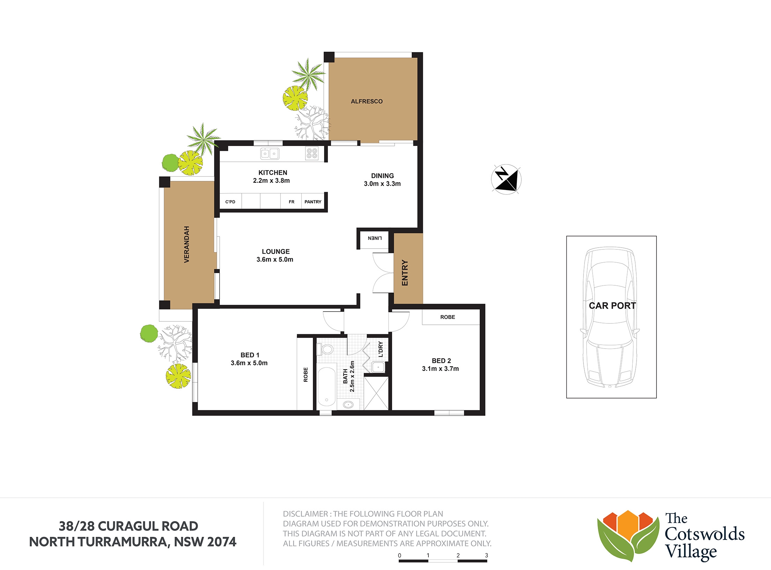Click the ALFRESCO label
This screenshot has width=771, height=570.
point(367,101)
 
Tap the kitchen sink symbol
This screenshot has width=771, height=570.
point(270,153)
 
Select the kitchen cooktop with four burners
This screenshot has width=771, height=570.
point(312,153)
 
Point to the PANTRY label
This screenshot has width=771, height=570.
point(313,202)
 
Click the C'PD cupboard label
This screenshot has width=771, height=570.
point(230,202)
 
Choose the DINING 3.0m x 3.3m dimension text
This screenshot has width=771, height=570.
point(382,184)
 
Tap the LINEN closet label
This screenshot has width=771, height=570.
point(375,238)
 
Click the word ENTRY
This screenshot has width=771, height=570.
point(405,273)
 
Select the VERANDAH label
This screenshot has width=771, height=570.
point(186,244)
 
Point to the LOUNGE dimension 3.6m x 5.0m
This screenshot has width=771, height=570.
point(275,260)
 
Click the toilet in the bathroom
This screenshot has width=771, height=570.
point(325,349)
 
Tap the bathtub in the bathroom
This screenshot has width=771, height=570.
point(327,387)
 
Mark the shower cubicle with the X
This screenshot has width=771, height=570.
point(376,393)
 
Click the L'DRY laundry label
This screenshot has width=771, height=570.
point(381,349)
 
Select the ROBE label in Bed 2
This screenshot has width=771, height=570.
point(448,317)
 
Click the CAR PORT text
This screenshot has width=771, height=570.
point(612,306)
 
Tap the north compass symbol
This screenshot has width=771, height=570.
point(506,179)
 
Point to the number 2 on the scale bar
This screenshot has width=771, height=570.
point(458,555)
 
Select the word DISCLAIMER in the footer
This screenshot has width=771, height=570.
point(306,514)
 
